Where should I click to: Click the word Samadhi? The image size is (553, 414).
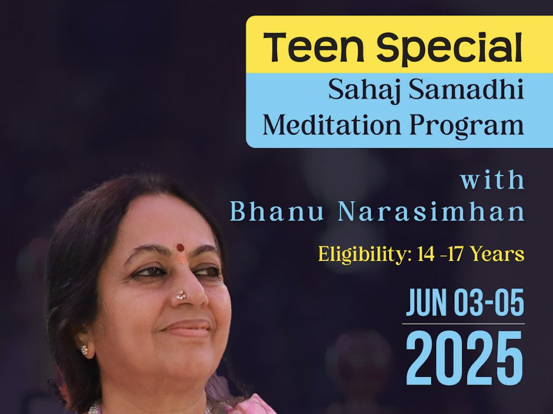[466, 89]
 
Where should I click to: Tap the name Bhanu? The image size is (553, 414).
[277, 212]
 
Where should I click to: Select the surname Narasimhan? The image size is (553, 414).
[431, 212]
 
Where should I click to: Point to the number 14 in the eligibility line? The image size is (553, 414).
[426, 255]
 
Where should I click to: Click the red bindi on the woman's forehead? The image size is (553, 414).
[180, 248]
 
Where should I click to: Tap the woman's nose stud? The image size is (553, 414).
[181, 295]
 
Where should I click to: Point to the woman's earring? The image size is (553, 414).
[84, 349]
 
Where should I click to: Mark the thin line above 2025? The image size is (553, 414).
[463, 324]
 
